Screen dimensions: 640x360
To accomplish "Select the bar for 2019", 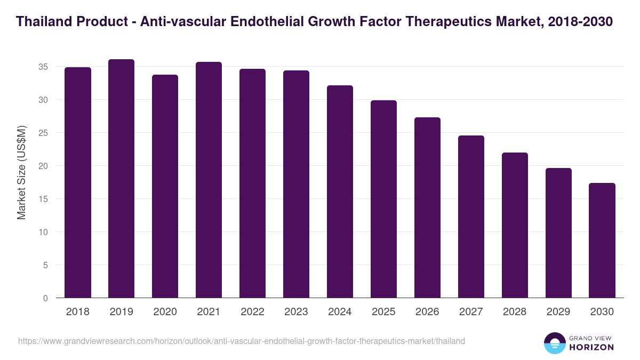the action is [121, 179].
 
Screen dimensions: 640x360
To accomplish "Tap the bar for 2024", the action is [340, 191].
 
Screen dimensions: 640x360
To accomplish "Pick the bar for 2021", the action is [209, 180].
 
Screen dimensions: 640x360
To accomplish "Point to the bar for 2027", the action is [471, 217].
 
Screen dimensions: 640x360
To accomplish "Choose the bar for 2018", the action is [78, 182].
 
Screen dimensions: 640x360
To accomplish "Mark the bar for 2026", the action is [427, 207].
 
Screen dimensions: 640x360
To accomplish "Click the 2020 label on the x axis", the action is [165, 312].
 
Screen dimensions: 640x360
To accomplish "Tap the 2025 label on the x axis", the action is [383, 312].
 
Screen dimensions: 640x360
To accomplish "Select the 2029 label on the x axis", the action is [558, 312].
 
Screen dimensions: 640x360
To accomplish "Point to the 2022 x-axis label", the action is [252, 312].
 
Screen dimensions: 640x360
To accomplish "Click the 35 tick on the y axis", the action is [43, 67].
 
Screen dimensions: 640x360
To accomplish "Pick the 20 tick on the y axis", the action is [43, 166].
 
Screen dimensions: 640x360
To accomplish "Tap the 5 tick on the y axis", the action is [45, 265].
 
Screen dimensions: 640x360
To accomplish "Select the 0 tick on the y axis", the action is [45, 298].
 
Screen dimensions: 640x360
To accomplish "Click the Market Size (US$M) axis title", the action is [21, 172].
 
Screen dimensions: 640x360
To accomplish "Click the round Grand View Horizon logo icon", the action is [555, 343].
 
